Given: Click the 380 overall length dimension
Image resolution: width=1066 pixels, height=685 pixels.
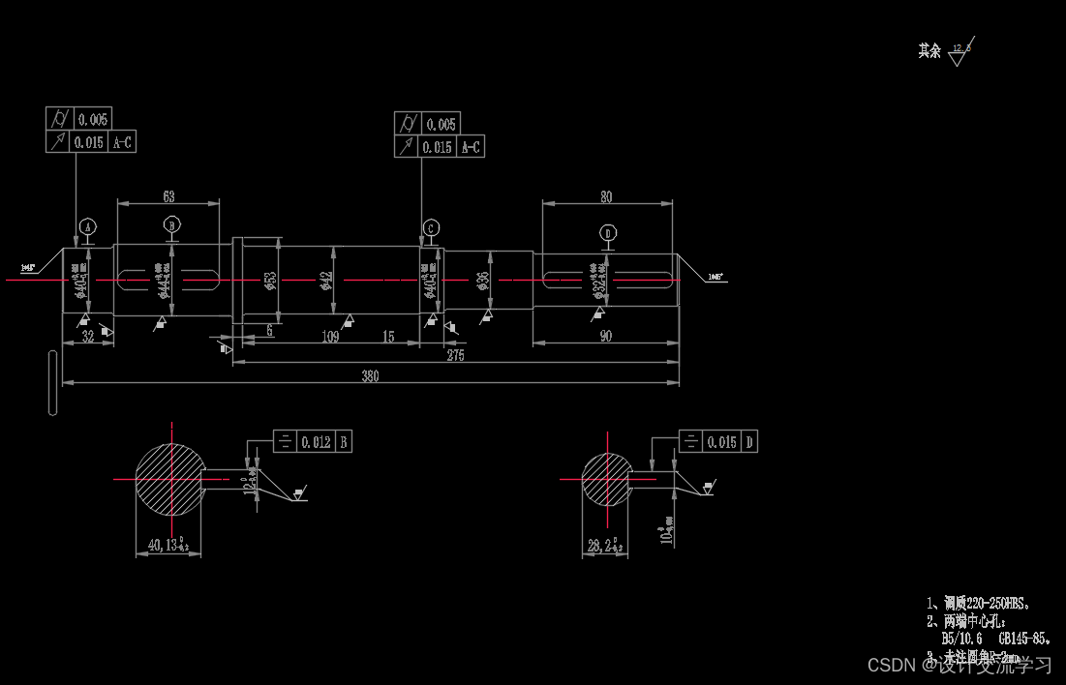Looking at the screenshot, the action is pyautogui.click(x=370, y=375).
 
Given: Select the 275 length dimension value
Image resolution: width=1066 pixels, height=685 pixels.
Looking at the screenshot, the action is pyautogui.click(x=455, y=355).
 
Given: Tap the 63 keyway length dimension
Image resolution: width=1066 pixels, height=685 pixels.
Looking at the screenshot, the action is pyautogui.click(x=169, y=196).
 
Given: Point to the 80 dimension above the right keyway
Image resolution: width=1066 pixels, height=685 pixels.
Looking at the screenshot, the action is pyautogui.click(x=606, y=196).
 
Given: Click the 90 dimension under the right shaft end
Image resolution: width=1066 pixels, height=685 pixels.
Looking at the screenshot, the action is pyautogui.click(x=605, y=336).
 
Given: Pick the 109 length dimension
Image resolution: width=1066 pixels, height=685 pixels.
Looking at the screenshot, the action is pyautogui.click(x=329, y=336).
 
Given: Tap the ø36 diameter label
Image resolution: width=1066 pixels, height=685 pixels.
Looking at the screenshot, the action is pyautogui.click(x=483, y=281).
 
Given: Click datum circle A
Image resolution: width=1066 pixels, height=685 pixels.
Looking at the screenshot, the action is pyautogui.click(x=88, y=226).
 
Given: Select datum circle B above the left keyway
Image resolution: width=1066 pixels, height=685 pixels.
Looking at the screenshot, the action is pyautogui.click(x=172, y=225).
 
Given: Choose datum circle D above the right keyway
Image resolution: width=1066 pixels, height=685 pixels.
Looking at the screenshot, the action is pyautogui.click(x=608, y=233).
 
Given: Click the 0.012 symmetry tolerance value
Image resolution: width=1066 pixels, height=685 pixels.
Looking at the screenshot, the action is pyautogui.click(x=316, y=442).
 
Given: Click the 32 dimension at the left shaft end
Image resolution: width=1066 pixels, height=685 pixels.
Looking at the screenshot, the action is pyautogui.click(x=87, y=336).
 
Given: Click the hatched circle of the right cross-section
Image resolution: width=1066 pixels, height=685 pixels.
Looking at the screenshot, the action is pyautogui.click(x=607, y=478).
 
